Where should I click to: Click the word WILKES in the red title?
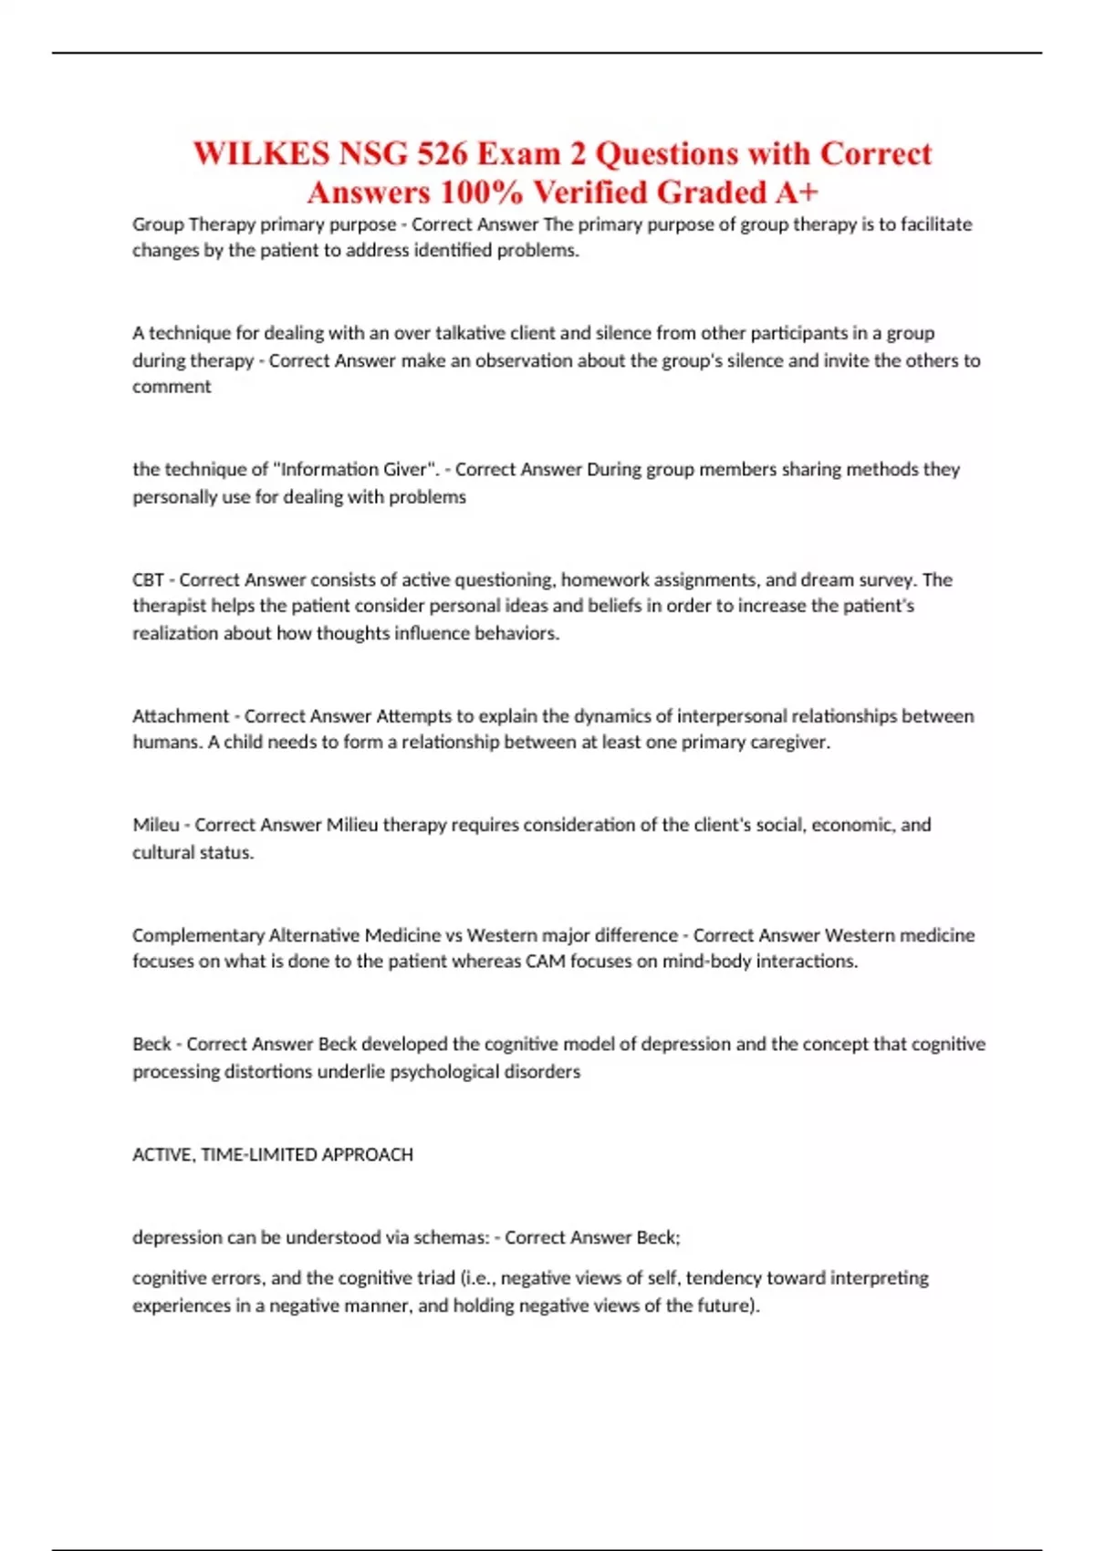(261, 153)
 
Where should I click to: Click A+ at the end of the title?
(797, 193)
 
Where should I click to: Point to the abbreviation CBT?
(148, 579)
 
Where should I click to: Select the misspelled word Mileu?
(156, 825)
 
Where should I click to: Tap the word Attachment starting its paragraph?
(181, 716)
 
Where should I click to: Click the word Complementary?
(198, 935)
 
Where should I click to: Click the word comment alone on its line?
(172, 387)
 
